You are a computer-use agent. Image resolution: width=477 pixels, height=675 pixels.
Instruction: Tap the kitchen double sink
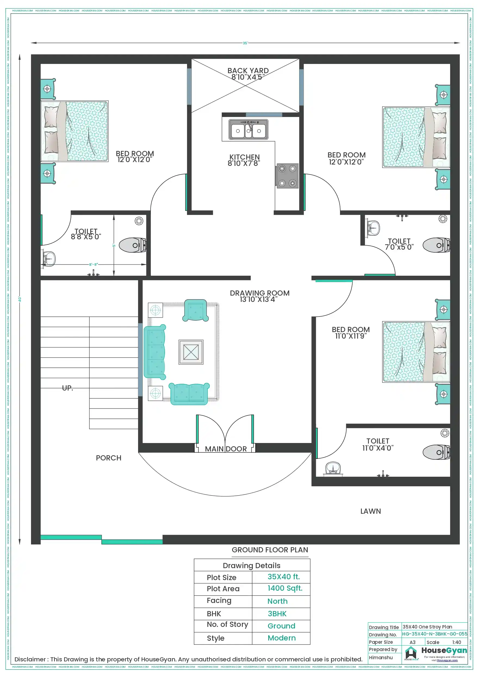248,129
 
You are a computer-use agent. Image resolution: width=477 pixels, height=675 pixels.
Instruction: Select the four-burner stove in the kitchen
287,176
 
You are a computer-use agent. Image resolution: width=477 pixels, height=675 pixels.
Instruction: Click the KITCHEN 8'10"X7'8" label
244,160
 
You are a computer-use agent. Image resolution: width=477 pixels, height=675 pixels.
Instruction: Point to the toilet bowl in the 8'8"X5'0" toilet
132,245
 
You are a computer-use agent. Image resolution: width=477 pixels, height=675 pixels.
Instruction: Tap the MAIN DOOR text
225,449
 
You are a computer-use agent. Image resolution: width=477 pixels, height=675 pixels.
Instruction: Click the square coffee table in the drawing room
191,352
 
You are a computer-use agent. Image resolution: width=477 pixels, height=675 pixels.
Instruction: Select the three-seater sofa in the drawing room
155,352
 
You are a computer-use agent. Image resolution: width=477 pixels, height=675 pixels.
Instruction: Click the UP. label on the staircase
67,388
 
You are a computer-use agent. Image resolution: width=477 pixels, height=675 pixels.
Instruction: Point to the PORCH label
108,458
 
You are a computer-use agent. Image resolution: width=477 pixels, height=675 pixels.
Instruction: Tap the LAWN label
370,511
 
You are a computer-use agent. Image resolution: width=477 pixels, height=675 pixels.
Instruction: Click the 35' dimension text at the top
245,43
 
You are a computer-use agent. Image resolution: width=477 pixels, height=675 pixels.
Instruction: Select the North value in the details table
277,601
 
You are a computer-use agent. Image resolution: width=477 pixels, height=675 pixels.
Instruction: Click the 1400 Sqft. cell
285,588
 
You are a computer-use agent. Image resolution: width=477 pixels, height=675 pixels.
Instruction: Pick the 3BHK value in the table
277,614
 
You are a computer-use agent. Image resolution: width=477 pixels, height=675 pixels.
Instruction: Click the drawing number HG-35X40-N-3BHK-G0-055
434,634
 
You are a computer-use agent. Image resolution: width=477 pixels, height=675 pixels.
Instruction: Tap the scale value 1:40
456,642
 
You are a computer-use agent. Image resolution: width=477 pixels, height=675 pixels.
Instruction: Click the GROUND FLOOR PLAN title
270,550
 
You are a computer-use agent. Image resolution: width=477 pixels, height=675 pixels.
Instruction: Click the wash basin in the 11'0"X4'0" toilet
333,468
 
